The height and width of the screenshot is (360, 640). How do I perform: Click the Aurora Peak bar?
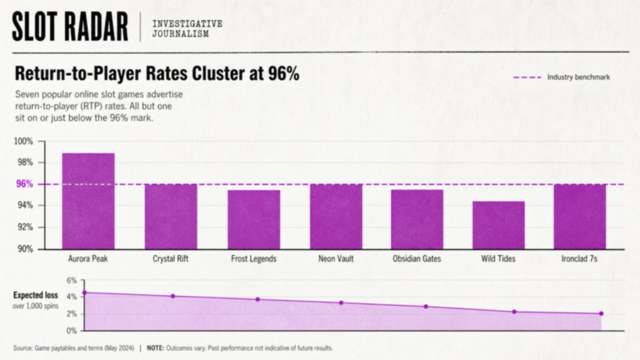click(88, 201)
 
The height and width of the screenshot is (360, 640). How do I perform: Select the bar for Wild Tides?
click(498, 225)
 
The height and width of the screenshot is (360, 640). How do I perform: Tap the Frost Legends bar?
click(254, 220)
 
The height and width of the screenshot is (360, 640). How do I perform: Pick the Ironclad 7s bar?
click(580, 216)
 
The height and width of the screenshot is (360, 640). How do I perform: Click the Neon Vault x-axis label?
click(336, 259)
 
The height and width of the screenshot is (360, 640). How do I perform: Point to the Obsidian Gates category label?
click(417, 259)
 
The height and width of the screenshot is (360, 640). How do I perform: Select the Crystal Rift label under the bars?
click(170, 259)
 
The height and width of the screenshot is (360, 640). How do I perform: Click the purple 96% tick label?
click(24, 184)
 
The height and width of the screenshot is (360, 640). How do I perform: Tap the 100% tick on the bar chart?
click(24, 141)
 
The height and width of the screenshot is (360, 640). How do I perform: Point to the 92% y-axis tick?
click(26, 228)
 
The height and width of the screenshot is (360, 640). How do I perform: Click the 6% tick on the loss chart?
click(72, 280)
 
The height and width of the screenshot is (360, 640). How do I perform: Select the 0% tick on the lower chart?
click(72, 331)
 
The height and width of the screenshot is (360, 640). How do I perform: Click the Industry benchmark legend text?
click(578, 77)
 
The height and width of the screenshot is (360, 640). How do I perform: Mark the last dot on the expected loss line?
click(601, 314)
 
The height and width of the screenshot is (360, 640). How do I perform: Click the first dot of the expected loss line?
click(84, 292)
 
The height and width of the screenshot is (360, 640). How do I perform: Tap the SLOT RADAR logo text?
click(70, 26)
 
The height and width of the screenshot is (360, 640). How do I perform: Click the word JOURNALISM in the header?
click(180, 34)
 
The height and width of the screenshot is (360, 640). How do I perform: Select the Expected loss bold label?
click(36, 295)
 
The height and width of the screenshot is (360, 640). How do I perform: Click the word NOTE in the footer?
click(156, 348)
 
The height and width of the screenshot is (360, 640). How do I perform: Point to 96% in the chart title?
click(284, 74)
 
